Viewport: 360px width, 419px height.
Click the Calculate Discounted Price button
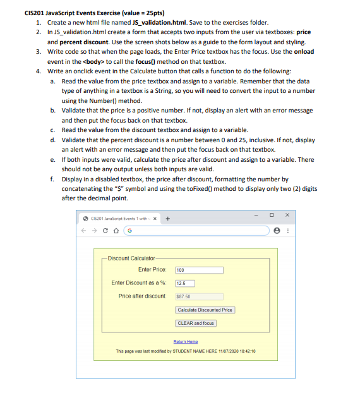[x=205, y=310]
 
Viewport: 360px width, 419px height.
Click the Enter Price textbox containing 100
[x=199, y=270]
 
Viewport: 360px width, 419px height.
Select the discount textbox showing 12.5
[x=184, y=283]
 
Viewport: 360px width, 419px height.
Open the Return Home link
[x=185, y=342]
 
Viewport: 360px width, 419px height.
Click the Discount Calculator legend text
[x=131, y=258]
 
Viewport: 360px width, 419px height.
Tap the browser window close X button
[x=288, y=215]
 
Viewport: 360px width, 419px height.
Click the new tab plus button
[x=168, y=219]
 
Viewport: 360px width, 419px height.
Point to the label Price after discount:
[x=142, y=296]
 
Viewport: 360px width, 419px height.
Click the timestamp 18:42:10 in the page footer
[x=245, y=351]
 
